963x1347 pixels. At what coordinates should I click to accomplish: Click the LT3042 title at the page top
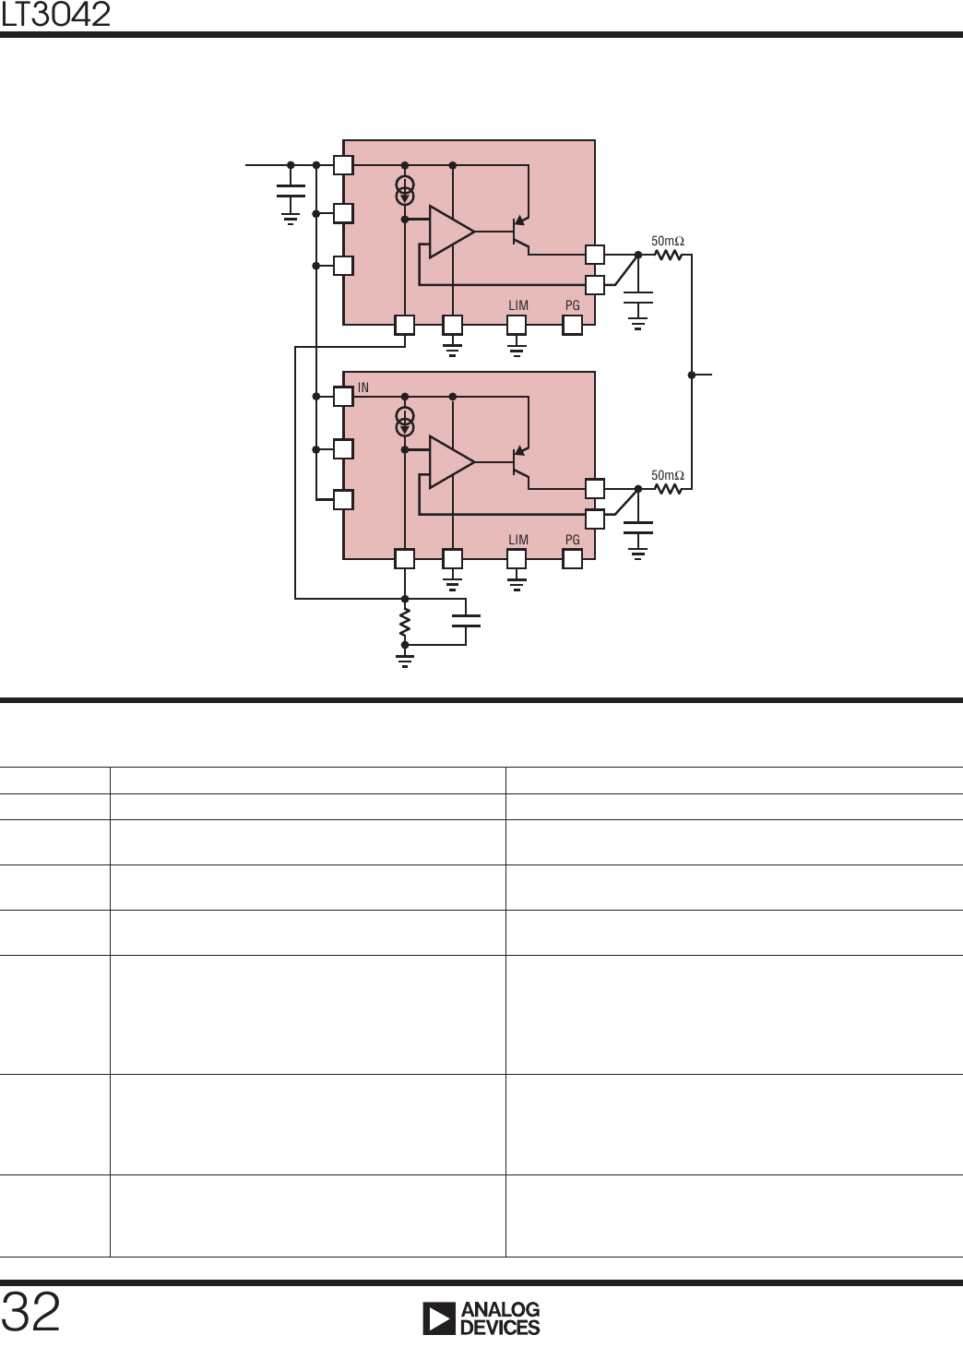pos(55,14)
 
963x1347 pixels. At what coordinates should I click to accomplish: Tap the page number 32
pos(31,1312)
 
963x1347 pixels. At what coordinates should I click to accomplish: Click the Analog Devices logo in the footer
pos(481,1318)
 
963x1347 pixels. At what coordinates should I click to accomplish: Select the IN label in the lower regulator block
pos(363,387)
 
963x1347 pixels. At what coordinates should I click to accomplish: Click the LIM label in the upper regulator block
pos(518,305)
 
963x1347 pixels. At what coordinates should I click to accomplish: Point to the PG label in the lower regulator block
pos(573,540)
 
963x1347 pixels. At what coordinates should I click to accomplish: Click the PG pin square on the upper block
pos(573,325)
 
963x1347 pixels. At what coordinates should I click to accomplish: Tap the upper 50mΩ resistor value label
pos(668,241)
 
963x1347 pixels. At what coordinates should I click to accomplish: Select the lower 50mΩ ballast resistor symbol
pos(668,489)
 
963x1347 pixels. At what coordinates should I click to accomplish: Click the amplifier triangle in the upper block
pos(451,232)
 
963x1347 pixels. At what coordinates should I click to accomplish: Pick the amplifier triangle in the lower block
pos(451,461)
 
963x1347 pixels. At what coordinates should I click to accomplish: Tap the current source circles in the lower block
pos(405,422)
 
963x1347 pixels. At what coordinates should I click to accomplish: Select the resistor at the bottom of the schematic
pos(404,624)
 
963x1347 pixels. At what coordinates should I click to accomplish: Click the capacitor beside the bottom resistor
pos(466,619)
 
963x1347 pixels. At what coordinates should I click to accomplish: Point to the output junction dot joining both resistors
pos(692,375)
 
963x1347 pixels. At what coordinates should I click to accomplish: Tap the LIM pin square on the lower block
pos(517,558)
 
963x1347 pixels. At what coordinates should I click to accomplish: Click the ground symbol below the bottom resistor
pos(404,659)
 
